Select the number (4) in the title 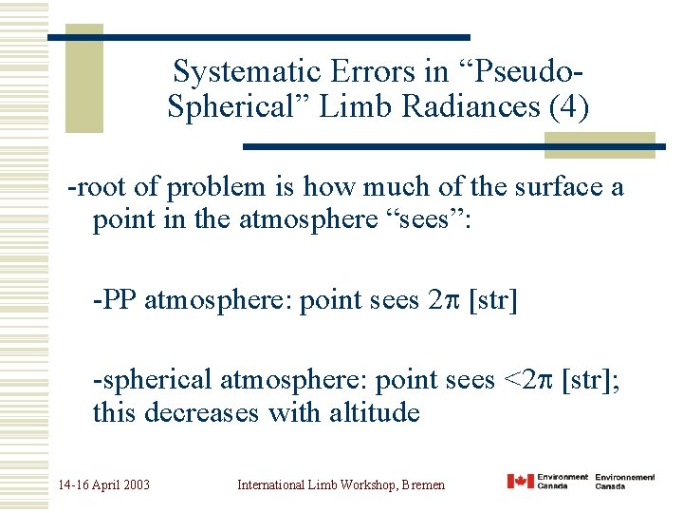[568, 106]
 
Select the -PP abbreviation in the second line [113, 300]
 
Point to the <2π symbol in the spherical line [526, 381]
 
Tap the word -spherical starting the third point [152, 381]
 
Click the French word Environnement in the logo [625, 477]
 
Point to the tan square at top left [84, 79]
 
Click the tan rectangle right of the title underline [600, 144]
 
